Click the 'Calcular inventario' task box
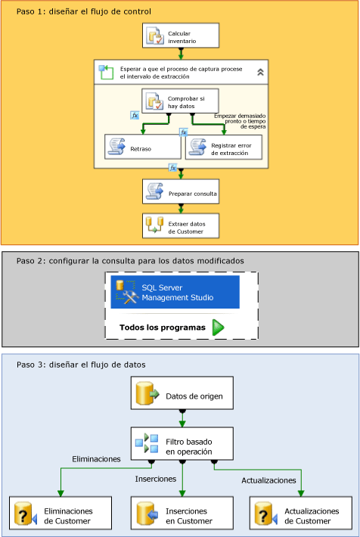tap(181, 36)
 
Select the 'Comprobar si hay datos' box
tap(180, 101)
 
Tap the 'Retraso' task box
tap(143, 147)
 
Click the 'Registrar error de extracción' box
tap(224, 147)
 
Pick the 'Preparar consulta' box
tap(181, 192)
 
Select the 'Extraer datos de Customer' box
tap(181, 226)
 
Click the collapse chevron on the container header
tap(260, 72)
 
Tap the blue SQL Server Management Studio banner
tap(175, 292)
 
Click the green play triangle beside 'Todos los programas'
tap(218, 327)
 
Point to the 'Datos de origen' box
tap(182, 393)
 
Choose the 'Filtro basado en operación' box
tap(182, 444)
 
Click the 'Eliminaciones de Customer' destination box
tap(61, 513)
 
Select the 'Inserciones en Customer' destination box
tap(182, 513)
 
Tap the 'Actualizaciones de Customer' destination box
tap(301, 513)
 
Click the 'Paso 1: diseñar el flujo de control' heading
tap(84, 11)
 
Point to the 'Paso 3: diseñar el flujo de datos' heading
tap(81, 365)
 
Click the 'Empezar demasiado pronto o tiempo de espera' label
tap(240, 121)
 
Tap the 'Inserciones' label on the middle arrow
tap(156, 479)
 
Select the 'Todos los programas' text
tap(163, 327)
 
